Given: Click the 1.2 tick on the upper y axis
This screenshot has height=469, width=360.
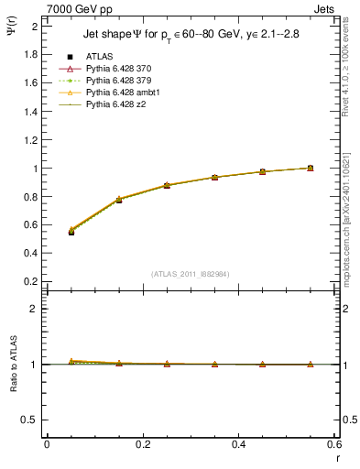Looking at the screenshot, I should pos(31,140).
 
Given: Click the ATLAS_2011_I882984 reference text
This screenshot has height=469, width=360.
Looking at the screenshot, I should pos(191,274).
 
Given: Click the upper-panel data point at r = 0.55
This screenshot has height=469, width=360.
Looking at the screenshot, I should pos(311,168).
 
